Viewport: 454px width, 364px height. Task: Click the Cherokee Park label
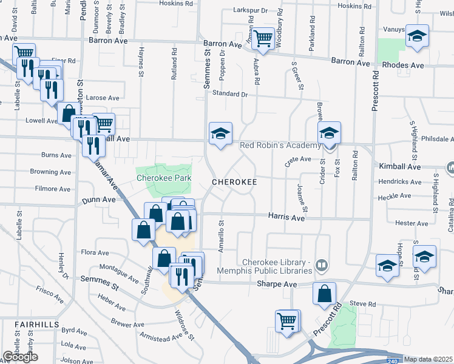(164, 178)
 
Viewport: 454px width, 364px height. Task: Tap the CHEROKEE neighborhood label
(234, 182)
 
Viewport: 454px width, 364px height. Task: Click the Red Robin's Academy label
(280, 146)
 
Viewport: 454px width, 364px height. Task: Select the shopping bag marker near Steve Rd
(325, 294)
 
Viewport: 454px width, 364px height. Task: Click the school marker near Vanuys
(418, 36)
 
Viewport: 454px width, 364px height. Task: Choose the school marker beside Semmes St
(220, 134)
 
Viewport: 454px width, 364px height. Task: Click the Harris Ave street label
(287, 217)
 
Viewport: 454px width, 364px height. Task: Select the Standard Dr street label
(230, 94)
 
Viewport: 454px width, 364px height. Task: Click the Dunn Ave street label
(99, 199)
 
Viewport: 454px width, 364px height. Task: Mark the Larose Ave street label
(103, 98)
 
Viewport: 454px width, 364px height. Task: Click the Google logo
(19, 357)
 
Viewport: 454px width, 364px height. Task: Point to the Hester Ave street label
(412, 223)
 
